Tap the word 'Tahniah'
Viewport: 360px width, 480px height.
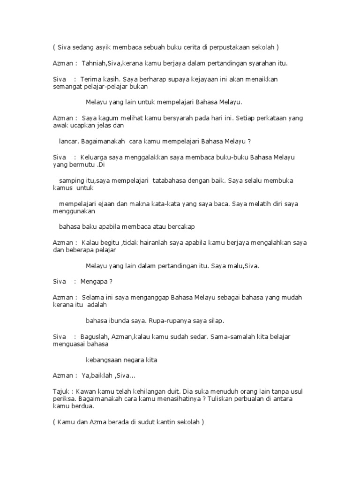[x=95, y=63]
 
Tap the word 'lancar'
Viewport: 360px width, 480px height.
[x=68, y=141]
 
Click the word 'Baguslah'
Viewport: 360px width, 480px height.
[x=95, y=337]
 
